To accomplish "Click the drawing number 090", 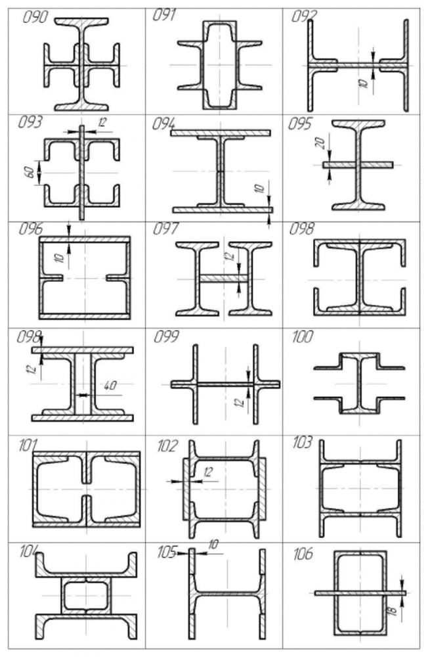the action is coord(35,17).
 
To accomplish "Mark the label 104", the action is coord(30,551).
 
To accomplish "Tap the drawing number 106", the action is coord(304,554).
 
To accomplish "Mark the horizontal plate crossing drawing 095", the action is coord(358,164).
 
